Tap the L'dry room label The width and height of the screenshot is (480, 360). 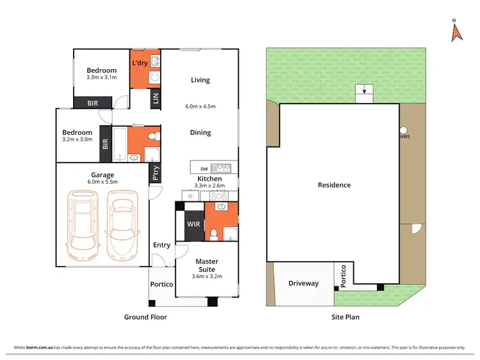tap(140, 63)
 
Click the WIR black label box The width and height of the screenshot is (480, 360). tap(193, 224)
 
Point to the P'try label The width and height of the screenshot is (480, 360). tap(154, 173)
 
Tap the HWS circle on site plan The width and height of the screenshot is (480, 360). tap(404, 129)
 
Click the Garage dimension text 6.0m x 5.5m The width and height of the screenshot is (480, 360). tap(102, 183)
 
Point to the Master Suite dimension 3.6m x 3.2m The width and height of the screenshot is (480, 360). tap(207, 277)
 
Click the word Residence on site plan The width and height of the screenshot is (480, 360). tap(334, 185)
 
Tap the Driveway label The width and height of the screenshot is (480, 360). tap(303, 283)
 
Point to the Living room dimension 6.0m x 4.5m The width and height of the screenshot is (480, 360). tap(200, 107)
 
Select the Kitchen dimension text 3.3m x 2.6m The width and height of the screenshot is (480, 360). tap(209, 187)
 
